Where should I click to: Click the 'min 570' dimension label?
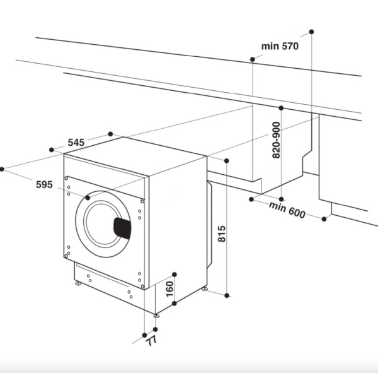pyautogui.click(x=280, y=46)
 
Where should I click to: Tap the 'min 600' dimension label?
pyautogui.click(x=287, y=210)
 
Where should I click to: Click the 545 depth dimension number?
pyautogui.click(x=76, y=143)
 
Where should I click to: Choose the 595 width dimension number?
pyautogui.click(x=44, y=184)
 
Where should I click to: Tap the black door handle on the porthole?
pyautogui.click(x=122, y=228)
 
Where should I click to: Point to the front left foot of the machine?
pyautogui.click(x=78, y=283)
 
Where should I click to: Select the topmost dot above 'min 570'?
pyautogui.click(x=311, y=31)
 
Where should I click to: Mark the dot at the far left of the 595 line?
pyautogui.click(x=2, y=169)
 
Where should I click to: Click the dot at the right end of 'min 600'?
pyautogui.click(x=324, y=218)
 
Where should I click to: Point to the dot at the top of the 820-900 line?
pyautogui.click(x=281, y=108)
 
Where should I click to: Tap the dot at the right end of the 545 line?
pyautogui.click(x=110, y=134)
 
